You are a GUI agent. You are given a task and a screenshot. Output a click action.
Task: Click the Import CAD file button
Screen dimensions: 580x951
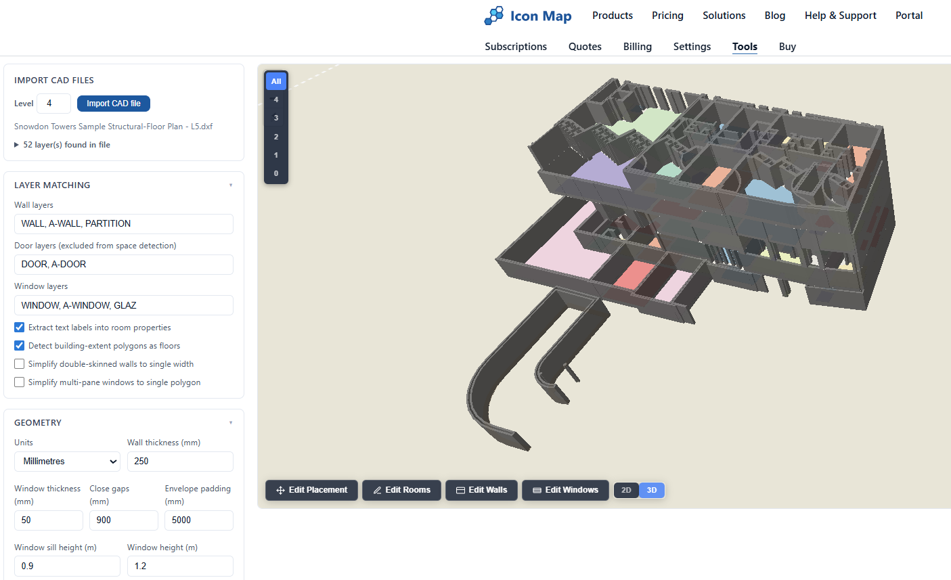pyautogui.click(x=114, y=104)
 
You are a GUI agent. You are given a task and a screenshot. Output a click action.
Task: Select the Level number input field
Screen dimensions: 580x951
pyautogui.click(x=53, y=104)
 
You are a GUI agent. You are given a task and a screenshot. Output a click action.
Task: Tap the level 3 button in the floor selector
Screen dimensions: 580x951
pyautogui.click(x=276, y=118)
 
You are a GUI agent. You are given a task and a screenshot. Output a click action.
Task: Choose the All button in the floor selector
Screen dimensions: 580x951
pyautogui.click(x=276, y=81)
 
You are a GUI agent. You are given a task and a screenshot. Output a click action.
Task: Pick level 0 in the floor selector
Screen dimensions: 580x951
pyautogui.click(x=276, y=173)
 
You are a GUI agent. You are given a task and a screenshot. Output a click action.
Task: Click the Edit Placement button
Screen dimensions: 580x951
pyautogui.click(x=311, y=490)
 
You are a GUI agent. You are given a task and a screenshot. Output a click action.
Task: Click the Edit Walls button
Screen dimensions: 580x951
pyautogui.click(x=481, y=490)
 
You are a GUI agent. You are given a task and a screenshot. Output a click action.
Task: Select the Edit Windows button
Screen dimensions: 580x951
pyautogui.click(x=565, y=490)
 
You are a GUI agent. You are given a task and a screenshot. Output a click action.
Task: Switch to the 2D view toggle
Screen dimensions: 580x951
pyautogui.click(x=626, y=490)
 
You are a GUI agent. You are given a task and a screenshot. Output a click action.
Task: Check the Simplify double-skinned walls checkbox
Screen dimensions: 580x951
pyautogui.click(x=20, y=364)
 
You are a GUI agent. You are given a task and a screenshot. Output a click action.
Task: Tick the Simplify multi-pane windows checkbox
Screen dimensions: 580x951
pyautogui.click(x=20, y=382)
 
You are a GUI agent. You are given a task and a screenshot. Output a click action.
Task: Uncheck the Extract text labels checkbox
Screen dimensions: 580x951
pyautogui.click(x=20, y=328)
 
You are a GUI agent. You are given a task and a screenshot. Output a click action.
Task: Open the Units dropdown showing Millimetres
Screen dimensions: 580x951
pyautogui.click(x=67, y=462)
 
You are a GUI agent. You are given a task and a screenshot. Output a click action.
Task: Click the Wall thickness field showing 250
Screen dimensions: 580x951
pyautogui.click(x=180, y=462)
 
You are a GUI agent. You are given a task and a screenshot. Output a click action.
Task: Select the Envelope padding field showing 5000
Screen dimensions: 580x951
pyautogui.click(x=199, y=520)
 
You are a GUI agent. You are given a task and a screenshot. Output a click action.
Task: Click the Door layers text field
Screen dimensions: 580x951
pyautogui.click(x=124, y=265)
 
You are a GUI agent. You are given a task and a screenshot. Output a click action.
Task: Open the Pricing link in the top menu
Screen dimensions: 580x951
pyautogui.click(x=667, y=16)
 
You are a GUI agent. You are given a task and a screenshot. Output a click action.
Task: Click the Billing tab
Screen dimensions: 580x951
pyautogui.click(x=637, y=47)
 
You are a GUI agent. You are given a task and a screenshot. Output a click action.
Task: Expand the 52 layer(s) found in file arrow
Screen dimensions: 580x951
pyautogui.click(x=17, y=145)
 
